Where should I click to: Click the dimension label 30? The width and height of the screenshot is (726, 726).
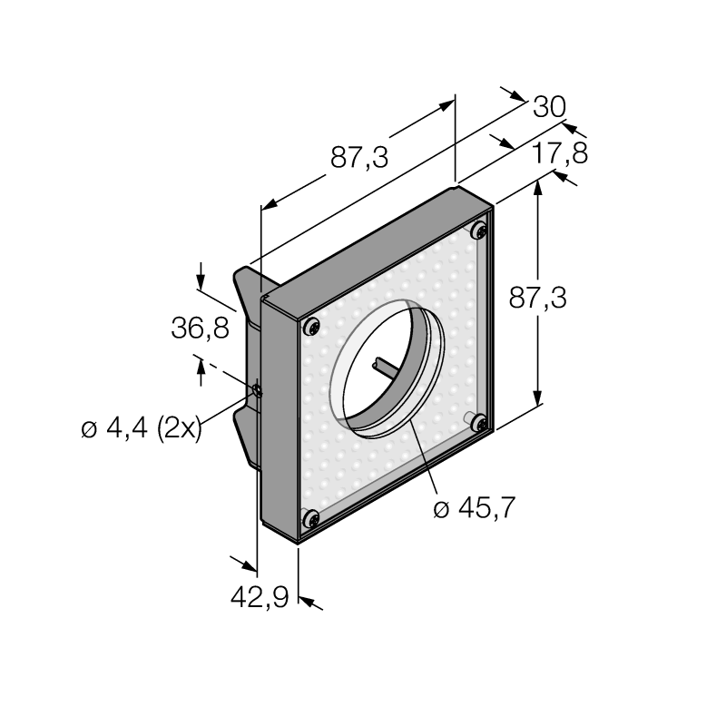coord(550,107)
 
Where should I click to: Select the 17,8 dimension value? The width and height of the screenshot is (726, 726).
coord(560,153)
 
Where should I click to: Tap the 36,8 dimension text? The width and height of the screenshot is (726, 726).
coord(200,329)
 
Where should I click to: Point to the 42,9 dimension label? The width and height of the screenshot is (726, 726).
coord(260,596)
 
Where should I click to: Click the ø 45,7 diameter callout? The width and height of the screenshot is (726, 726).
coord(474,508)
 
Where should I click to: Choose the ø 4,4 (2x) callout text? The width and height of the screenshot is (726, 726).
coord(142,428)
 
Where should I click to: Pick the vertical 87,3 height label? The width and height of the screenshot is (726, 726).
coord(537,298)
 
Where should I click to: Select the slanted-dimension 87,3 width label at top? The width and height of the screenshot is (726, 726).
coord(359,157)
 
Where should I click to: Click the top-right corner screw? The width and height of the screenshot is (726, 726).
coord(480,230)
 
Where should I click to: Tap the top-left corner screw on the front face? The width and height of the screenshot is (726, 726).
coord(312,327)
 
